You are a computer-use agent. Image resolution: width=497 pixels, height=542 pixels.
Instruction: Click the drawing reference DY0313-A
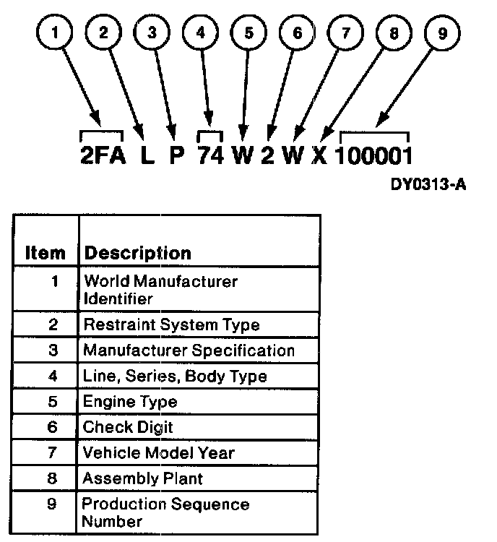point(429,185)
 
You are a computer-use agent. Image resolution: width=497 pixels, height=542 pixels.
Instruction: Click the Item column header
point(45,253)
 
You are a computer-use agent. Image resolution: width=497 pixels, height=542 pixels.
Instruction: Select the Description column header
point(137,253)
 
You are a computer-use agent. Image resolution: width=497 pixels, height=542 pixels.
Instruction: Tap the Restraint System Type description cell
point(171,325)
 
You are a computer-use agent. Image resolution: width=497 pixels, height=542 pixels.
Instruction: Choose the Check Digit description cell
point(128,427)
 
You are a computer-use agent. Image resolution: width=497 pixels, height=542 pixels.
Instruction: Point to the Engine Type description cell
point(129,402)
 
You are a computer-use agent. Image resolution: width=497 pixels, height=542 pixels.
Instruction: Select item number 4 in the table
point(53,377)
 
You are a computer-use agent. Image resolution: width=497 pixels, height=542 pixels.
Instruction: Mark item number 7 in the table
point(53,453)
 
